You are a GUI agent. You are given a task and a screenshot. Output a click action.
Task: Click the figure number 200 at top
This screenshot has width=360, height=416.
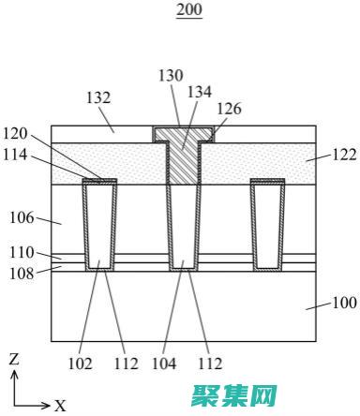[189, 9]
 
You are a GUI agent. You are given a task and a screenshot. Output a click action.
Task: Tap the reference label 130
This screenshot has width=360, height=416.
[171, 76]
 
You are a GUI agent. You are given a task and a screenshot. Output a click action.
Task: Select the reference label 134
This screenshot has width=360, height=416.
[200, 92]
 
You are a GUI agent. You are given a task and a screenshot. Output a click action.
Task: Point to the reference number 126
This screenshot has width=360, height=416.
[230, 109]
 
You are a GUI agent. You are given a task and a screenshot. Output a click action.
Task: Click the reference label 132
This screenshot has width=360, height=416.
[98, 97]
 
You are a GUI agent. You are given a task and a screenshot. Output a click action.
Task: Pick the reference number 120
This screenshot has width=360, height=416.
[15, 134]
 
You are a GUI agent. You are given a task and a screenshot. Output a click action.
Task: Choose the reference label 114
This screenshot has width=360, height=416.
[15, 155]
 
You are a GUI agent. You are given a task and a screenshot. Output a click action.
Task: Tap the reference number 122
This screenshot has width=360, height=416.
[344, 155]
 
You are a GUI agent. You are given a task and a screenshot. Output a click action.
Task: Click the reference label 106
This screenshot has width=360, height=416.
[22, 217]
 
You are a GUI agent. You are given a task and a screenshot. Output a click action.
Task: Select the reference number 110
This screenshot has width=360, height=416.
[22, 253]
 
